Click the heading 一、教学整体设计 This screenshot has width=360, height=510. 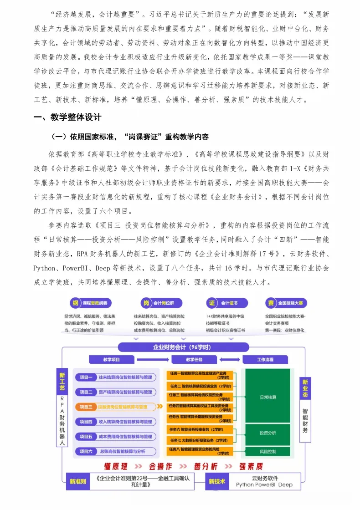(67, 117)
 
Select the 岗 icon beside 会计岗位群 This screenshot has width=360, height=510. (146, 303)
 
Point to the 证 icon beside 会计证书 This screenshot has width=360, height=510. (212, 303)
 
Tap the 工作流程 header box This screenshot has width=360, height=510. (265, 360)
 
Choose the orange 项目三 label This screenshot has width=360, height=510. (86, 407)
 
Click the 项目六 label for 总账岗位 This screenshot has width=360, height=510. (86, 451)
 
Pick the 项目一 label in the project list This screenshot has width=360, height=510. (86, 377)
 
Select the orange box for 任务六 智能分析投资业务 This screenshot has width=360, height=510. (199, 429)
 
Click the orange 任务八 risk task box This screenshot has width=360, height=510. (199, 451)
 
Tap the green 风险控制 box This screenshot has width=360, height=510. (267, 452)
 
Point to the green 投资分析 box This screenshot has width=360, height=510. (267, 433)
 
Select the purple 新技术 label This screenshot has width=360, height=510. (216, 481)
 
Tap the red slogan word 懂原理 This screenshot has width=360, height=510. (118, 466)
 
